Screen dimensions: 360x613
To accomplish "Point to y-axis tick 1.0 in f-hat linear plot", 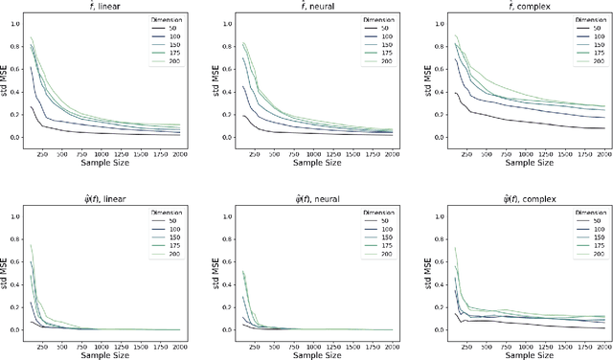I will (13, 19).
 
